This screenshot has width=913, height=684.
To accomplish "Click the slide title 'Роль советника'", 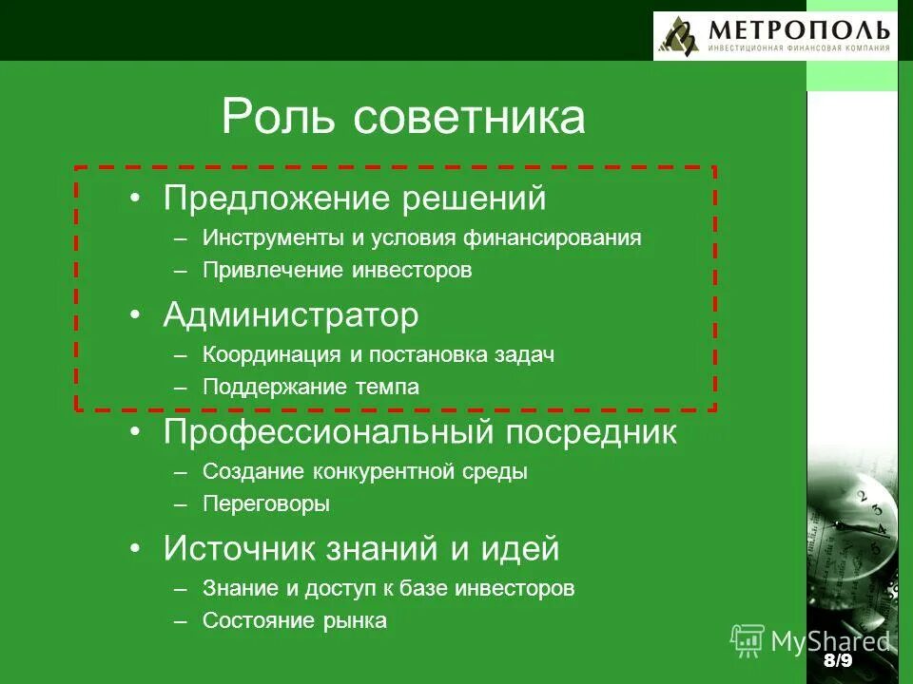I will [403, 117].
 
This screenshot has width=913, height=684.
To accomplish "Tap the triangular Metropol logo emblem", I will [680, 37].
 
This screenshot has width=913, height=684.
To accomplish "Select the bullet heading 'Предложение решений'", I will [355, 199].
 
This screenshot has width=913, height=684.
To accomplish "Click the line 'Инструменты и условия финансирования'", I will [421, 237].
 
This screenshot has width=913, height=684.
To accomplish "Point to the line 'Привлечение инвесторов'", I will [337, 270].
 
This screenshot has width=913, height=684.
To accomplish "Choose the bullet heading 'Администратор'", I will [290, 315].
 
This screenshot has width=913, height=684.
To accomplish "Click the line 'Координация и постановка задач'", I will [378, 354].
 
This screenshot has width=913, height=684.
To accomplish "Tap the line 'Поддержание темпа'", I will [310, 387].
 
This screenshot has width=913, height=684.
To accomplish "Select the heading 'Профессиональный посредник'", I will [419, 432].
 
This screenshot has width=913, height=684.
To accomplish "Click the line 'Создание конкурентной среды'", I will [364, 471].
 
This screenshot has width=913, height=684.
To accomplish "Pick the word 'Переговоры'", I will [266, 503].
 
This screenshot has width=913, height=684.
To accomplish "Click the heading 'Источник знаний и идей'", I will [360, 549].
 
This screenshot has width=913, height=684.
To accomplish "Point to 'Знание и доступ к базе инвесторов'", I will [388, 588].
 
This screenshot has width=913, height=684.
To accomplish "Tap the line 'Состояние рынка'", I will [294, 620].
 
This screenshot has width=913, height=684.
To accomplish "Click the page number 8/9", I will [837, 660].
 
